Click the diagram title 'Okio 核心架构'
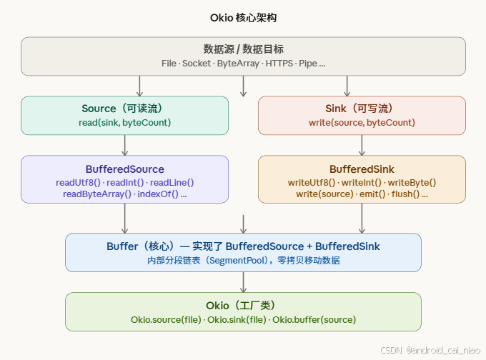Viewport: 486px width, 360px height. point(243,17)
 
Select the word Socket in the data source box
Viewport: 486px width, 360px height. point(197,64)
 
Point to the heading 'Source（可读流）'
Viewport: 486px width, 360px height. point(125,109)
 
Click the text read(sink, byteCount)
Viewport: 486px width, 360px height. point(125,123)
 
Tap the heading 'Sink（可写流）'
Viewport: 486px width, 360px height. point(361,109)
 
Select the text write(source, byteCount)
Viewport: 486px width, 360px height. point(362,123)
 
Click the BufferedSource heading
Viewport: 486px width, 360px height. point(125,169)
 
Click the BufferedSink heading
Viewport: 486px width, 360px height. point(362,169)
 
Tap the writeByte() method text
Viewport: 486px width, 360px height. point(412,182)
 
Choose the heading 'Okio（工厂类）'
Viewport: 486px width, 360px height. point(243,305)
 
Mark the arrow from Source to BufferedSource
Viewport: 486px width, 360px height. point(125,145)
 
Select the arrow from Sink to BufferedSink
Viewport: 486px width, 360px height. point(362,145)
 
